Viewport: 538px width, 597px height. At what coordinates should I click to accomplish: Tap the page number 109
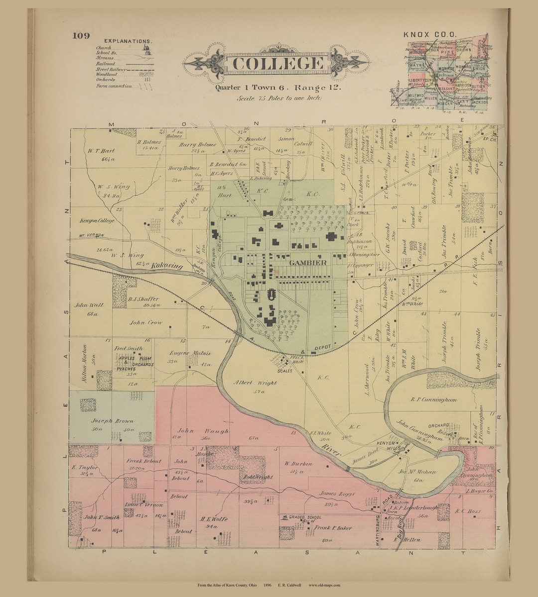81,35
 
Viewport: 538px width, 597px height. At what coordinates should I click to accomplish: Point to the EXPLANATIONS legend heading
127,41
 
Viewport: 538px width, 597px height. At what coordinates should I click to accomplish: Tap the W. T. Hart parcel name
101,150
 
